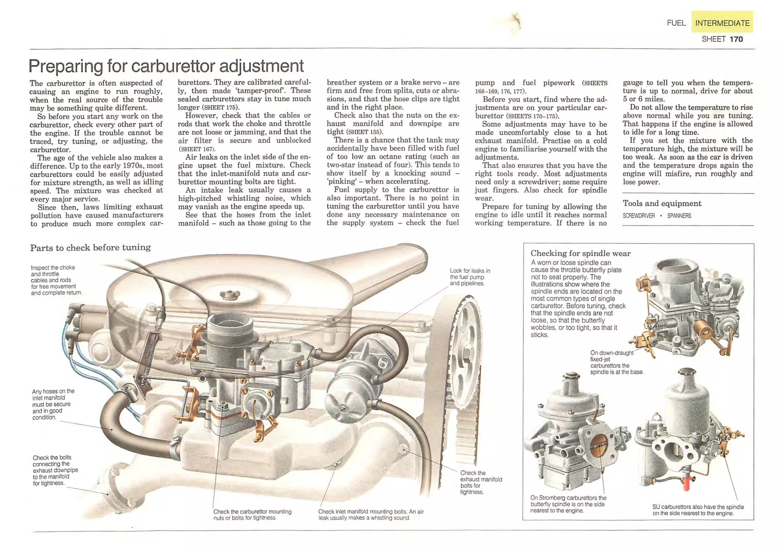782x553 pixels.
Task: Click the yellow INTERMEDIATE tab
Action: click(722, 23)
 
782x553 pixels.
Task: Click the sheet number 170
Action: click(736, 39)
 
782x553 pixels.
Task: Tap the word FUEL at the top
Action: click(676, 23)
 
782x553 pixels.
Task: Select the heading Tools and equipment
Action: click(662, 203)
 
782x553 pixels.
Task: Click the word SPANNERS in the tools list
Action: click(679, 216)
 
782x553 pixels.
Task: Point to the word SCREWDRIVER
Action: click(638, 216)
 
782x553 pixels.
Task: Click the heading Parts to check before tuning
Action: click(90, 247)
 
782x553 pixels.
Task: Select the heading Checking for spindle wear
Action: click(580, 253)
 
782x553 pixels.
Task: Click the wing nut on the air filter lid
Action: click(229, 295)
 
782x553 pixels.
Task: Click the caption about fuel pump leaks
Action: click(470, 277)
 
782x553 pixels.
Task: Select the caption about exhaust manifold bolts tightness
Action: click(481, 482)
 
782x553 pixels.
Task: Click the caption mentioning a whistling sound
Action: click(370, 514)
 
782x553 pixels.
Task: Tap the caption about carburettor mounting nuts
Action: click(252, 514)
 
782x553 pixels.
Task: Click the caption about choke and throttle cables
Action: click(56, 280)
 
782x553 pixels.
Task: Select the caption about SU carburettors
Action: click(698, 510)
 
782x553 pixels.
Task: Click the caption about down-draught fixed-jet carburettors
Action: click(616, 362)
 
